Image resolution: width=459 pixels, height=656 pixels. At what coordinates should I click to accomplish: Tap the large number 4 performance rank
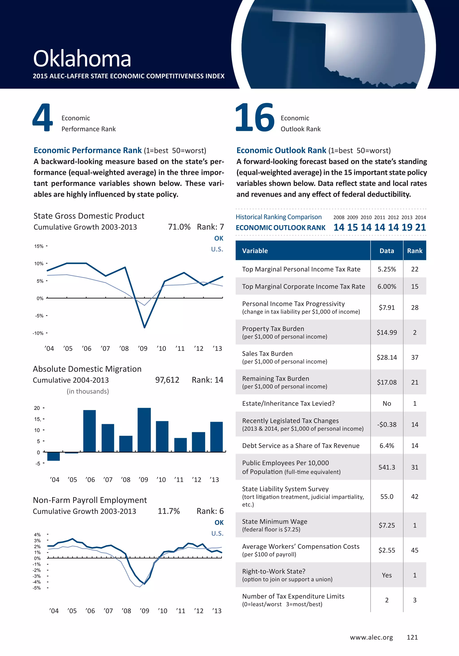43,117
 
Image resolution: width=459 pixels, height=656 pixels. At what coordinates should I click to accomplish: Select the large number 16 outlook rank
255,117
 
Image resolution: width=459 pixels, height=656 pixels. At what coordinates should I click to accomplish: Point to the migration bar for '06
89,431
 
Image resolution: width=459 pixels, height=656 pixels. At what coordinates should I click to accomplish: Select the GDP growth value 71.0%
179,227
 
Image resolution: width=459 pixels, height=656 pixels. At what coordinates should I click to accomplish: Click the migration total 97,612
167,380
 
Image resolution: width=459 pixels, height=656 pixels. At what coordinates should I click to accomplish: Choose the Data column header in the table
387,251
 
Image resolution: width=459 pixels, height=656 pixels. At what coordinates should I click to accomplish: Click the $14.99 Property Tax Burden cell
387,332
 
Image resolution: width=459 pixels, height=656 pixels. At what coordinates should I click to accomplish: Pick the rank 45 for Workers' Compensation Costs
414,550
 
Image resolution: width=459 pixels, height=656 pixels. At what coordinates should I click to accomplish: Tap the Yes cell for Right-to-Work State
387,575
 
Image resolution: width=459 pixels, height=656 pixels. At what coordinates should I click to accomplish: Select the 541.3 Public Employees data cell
387,467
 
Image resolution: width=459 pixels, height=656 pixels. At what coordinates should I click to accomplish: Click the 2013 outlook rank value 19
407,227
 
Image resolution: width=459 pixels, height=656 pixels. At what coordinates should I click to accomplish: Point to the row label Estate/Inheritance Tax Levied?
288,403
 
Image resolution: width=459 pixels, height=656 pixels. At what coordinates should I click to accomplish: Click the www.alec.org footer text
371,637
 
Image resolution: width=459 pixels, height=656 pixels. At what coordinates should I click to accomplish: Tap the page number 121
412,637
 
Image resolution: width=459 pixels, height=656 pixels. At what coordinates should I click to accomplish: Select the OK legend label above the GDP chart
219,238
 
